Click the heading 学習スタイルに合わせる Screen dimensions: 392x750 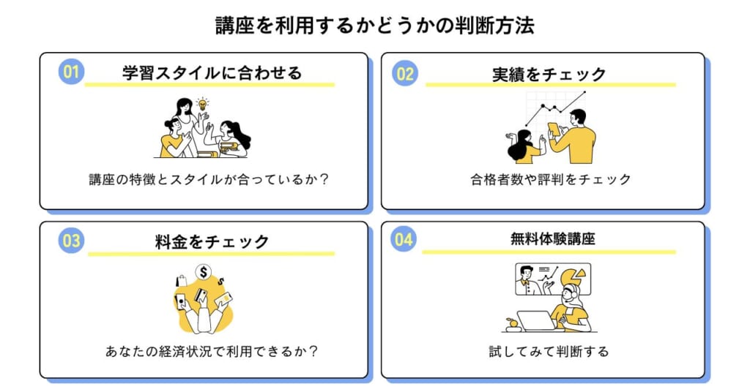(x=212, y=73)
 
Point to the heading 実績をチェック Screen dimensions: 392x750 (x=549, y=74)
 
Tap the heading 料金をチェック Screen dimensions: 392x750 (x=212, y=241)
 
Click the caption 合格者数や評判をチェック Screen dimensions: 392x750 (x=550, y=179)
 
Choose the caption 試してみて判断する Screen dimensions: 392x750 (x=549, y=351)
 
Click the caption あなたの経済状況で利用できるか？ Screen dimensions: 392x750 (x=211, y=351)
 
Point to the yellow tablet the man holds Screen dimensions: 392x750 (x=554, y=129)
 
